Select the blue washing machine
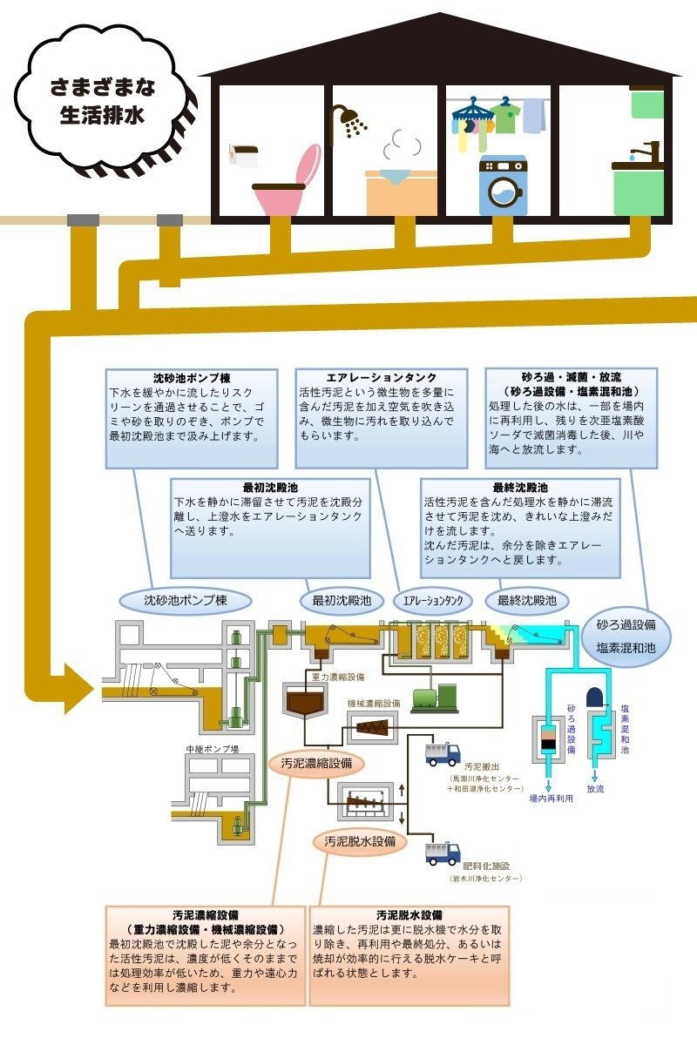[x=503, y=185]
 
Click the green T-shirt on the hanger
[x=503, y=116]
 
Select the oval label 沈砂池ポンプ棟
[x=185, y=600]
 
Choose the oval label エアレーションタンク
[x=432, y=601]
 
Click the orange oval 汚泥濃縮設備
[x=315, y=764]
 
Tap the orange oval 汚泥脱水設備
[x=360, y=841]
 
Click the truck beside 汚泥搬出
[x=443, y=754]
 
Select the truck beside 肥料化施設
[x=443, y=853]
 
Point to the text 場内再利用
[x=550, y=798]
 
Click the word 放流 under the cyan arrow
[x=595, y=789]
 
